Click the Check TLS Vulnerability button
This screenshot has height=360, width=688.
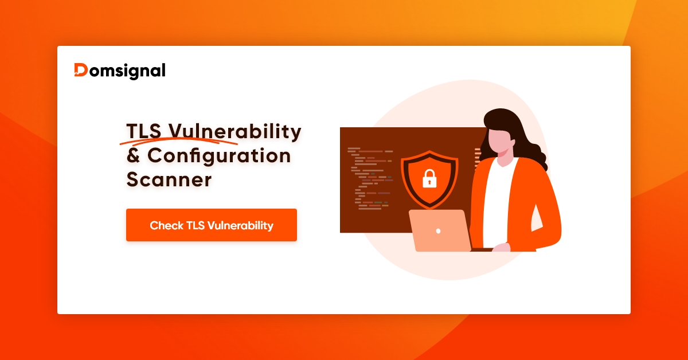(211, 225)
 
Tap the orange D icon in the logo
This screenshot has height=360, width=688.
(81, 70)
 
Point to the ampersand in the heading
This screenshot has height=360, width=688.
(133, 156)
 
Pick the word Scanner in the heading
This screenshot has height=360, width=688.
(169, 179)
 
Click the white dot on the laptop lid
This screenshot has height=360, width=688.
(439, 231)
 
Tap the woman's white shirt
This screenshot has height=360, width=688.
(497, 201)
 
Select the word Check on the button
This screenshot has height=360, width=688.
(166, 225)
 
